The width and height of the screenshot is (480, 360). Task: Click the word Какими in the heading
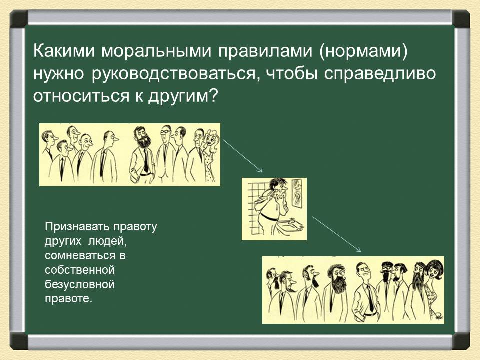click(x=64, y=51)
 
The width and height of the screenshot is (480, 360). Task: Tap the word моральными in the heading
click(x=156, y=51)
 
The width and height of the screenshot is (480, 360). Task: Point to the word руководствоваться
click(x=173, y=74)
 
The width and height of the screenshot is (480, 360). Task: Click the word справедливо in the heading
click(x=379, y=74)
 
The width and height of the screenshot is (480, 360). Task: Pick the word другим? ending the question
click(x=183, y=96)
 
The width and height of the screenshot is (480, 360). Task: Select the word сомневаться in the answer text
click(x=81, y=256)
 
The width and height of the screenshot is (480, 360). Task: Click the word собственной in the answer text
click(x=80, y=270)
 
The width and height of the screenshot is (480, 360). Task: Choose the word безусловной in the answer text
click(x=80, y=284)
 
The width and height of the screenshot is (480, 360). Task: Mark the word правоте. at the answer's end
click(x=68, y=299)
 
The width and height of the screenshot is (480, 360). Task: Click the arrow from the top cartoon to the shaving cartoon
click(x=243, y=156)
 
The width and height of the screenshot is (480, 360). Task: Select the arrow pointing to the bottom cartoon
click(x=336, y=234)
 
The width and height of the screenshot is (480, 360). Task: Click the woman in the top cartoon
click(x=210, y=156)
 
